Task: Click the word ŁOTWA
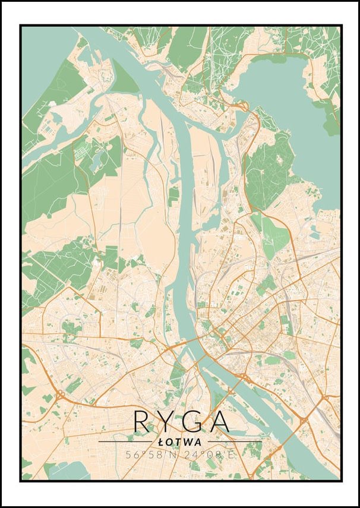[180, 442]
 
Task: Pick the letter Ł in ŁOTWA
[162, 442]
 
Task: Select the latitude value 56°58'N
[150, 455]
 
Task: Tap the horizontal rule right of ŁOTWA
[235, 442]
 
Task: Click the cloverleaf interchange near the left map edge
[60, 395]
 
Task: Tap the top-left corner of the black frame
[20, 26]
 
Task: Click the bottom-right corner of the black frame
[342, 481]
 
